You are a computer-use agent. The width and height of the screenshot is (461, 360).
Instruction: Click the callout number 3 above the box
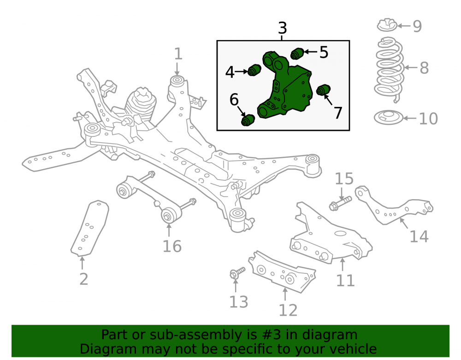pyautogui.click(x=282, y=28)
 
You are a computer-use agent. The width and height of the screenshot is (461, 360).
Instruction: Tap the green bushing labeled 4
pyautogui.click(x=254, y=70)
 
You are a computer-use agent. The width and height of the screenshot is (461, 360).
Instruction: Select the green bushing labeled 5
pyautogui.click(x=297, y=53)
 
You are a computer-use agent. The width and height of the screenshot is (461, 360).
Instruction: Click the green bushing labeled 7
pyautogui.click(x=324, y=90)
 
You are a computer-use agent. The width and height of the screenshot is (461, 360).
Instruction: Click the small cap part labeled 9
pyautogui.click(x=387, y=25)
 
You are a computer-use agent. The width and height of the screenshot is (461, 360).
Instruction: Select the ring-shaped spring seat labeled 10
pyautogui.click(x=388, y=118)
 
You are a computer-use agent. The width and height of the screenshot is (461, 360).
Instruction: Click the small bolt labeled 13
pyautogui.click(x=237, y=273)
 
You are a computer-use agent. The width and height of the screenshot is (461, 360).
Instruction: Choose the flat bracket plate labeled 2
pyautogui.click(x=90, y=228)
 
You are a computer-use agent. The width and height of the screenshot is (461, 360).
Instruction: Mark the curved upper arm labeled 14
pyautogui.click(x=394, y=205)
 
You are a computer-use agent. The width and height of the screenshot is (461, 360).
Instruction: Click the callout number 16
pyautogui.click(x=172, y=246)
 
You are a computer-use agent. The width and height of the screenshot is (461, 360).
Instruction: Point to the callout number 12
pyautogui.click(x=288, y=310)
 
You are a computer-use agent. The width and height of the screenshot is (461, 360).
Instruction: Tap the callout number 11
pyautogui.click(x=345, y=280)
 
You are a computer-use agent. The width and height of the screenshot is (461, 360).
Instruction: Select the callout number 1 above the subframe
pyautogui.click(x=178, y=54)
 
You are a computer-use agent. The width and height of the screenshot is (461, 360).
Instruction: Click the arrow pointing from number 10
pyautogui.click(x=410, y=118)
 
